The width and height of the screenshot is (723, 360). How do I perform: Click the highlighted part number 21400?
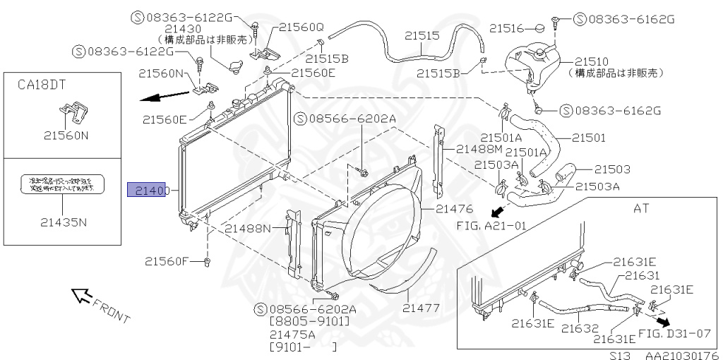pos(146,191)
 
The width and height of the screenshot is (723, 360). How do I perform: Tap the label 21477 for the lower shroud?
pos(422,308)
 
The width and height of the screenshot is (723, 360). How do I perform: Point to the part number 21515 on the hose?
pos(422,35)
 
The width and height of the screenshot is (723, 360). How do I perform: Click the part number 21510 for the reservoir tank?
pos(591,61)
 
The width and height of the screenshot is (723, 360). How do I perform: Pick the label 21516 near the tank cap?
pos(507,28)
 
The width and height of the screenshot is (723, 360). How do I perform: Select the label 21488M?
pos(479,149)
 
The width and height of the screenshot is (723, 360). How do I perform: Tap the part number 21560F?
pos(168,261)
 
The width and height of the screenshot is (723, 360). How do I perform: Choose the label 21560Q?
pos(301,27)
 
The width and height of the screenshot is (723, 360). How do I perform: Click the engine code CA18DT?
pos(42,85)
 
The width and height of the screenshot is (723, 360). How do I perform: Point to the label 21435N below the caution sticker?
pos(63,222)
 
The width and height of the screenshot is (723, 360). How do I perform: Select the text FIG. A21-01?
pos(487,226)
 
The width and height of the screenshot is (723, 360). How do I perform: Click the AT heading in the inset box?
pos(642,209)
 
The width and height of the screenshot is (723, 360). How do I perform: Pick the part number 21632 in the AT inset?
pos(580,328)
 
